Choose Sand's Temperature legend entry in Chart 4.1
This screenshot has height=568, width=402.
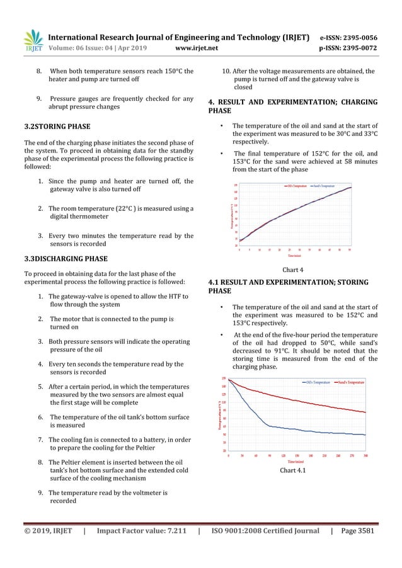click(350, 382)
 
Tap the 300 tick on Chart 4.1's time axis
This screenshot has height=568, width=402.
click(365, 455)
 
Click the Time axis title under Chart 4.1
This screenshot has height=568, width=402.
click(296, 461)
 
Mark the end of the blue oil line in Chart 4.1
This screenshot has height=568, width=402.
click(365, 435)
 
